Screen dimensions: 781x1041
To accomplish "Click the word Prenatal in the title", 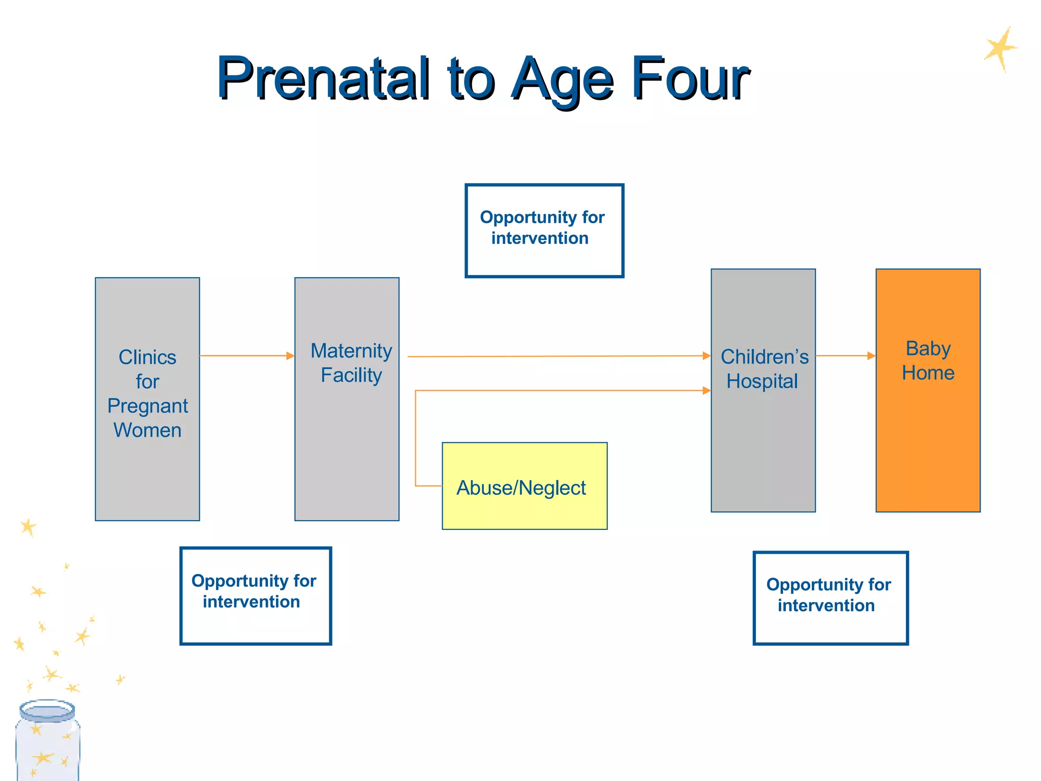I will click(323, 79).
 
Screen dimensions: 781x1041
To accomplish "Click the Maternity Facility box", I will click(347, 447).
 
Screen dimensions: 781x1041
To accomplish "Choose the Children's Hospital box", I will click(763, 447).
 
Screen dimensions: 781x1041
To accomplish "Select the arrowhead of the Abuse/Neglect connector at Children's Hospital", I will click(707, 390).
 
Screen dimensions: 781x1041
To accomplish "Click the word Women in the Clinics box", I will click(147, 430).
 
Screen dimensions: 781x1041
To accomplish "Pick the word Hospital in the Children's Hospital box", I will click(762, 381).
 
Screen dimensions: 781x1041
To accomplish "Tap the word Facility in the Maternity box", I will click(351, 375).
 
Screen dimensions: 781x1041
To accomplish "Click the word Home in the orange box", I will click(928, 373).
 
